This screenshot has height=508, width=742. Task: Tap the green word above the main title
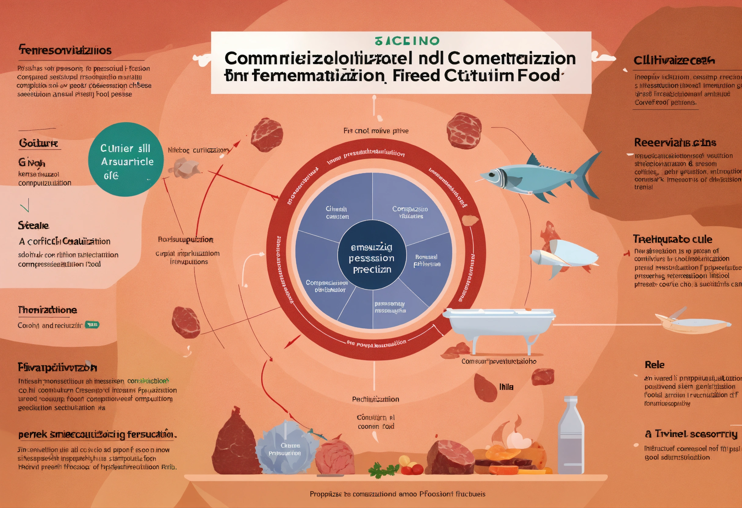(x=407, y=41)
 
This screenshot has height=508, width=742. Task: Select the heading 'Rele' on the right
(x=654, y=365)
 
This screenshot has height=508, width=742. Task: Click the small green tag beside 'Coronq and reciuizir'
(x=92, y=325)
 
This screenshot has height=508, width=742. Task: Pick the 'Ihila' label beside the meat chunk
(x=506, y=387)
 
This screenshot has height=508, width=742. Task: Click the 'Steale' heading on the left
(x=34, y=226)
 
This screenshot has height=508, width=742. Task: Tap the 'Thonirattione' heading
(x=47, y=310)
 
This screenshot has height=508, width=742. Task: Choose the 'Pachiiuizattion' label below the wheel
(x=376, y=399)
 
